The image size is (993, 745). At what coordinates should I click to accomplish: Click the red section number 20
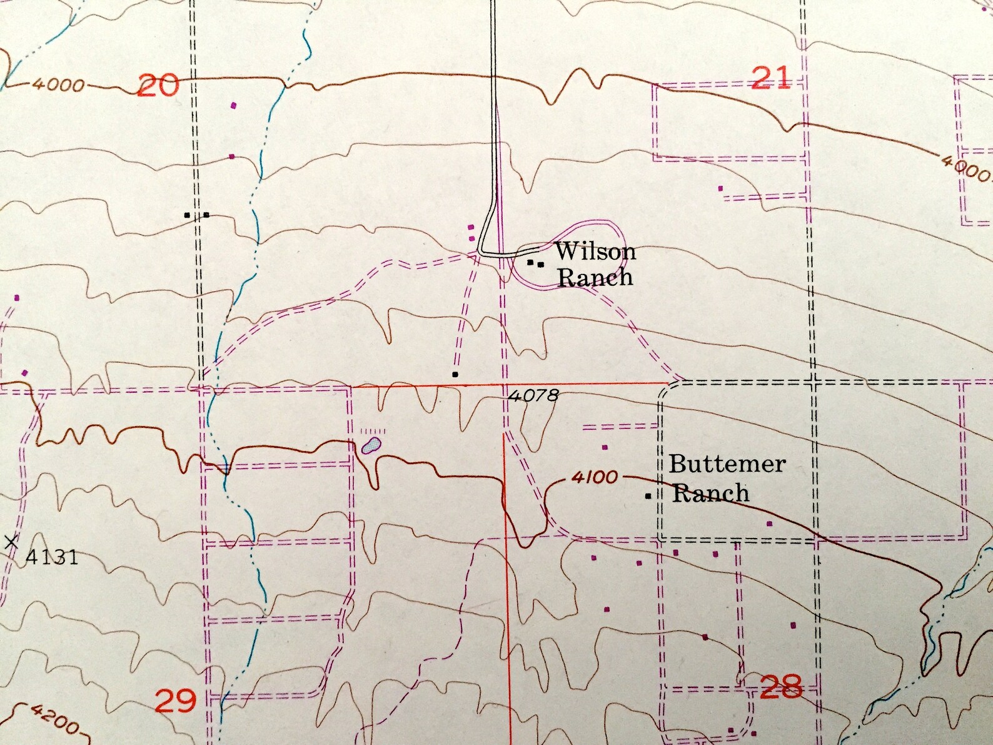coord(158,85)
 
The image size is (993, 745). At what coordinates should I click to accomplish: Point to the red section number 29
coord(175,701)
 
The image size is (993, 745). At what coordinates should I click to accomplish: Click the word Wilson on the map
coord(595,251)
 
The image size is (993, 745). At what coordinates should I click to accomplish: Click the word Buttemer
coord(727,465)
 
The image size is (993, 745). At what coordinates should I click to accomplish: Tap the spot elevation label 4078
coord(533,395)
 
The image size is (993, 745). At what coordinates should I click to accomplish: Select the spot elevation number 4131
coord(52,556)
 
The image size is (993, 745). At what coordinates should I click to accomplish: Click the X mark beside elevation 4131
coord(11,542)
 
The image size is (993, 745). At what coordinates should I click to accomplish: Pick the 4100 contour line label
coord(594,477)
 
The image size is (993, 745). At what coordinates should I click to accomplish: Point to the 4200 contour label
coord(54,719)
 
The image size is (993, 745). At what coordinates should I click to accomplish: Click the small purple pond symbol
coord(371,446)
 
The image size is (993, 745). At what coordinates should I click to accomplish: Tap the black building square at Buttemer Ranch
coord(648,496)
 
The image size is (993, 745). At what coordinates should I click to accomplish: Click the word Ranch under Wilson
coord(595,277)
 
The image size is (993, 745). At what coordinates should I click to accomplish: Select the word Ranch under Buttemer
coord(710,493)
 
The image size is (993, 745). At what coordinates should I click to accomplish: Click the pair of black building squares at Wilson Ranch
coord(535,263)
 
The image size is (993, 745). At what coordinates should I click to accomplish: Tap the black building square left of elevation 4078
coord(455,375)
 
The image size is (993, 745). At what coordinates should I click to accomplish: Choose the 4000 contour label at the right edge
coord(965,168)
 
